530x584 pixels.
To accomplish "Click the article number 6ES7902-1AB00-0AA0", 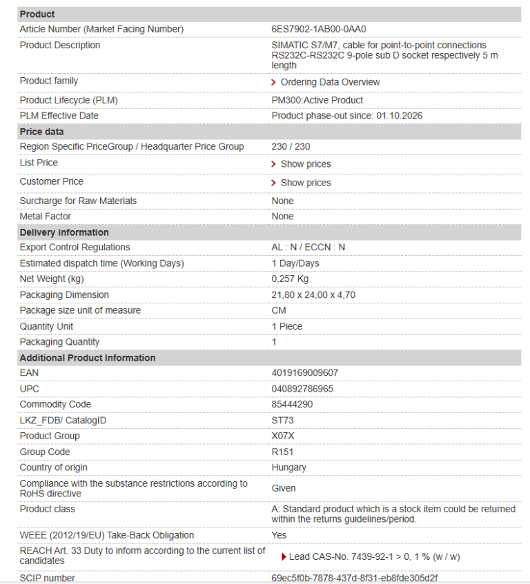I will (x=318, y=29).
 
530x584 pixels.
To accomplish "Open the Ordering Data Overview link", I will (x=329, y=82).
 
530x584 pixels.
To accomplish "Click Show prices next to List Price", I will (x=305, y=164).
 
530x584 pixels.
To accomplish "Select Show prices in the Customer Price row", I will (x=305, y=183).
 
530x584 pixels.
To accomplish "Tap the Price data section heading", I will (x=41, y=131).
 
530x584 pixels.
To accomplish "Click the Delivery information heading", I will (x=64, y=232).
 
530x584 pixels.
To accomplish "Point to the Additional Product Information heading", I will (x=88, y=358).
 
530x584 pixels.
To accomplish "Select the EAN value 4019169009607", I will (x=305, y=373).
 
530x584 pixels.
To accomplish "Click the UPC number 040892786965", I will (x=302, y=389).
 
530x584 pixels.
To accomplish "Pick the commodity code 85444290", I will (x=292, y=405).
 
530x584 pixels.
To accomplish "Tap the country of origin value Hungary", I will (x=288, y=467).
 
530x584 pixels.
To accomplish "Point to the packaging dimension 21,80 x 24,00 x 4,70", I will (x=313, y=295).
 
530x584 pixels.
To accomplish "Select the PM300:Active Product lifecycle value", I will (x=317, y=101).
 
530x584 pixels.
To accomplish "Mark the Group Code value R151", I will (x=283, y=452).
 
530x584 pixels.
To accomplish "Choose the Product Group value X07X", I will (x=283, y=436).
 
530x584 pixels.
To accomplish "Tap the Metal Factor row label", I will (x=46, y=217).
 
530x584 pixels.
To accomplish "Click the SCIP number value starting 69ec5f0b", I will (x=354, y=578).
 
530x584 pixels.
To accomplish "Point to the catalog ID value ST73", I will (x=283, y=421).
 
